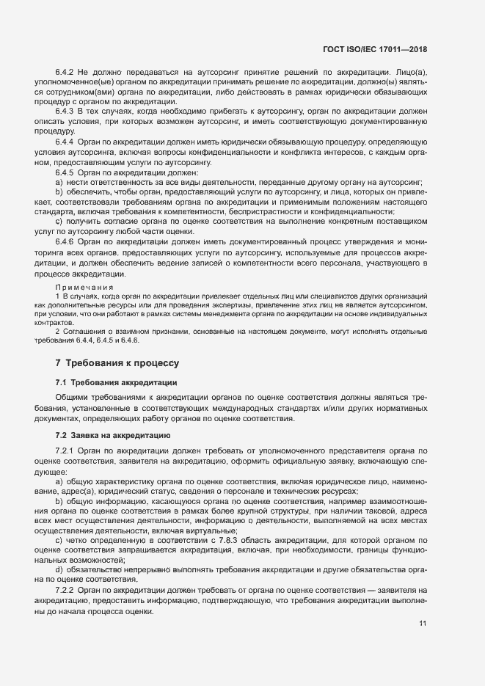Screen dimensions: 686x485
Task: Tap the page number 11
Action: coord(423,624)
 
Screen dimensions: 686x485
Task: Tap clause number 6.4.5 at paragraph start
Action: coord(65,171)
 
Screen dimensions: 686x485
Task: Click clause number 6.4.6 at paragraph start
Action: coord(65,241)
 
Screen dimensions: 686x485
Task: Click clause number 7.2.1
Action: coord(65,450)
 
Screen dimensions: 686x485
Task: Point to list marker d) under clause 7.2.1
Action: coord(59,569)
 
